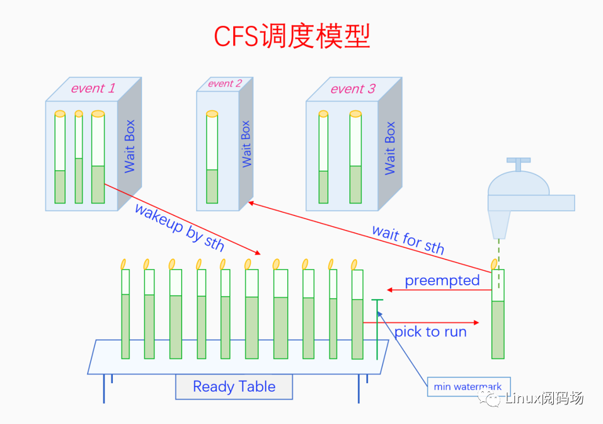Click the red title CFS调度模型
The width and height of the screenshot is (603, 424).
pyautogui.click(x=292, y=37)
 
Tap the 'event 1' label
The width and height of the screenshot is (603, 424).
pyautogui.click(x=93, y=88)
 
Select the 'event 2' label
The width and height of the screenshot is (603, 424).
pyautogui.click(x=225, y=84)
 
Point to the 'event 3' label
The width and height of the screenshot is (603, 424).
pyautogui.click(x=353, y=89)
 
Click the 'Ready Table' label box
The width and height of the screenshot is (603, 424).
pyautogui.click(x=234, y=387)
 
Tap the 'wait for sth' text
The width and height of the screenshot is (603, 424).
pyautogui.click(x=408, y=239)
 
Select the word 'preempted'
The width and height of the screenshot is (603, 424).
pyautogui.click(x=442, y=280)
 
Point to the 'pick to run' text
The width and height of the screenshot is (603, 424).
pyautogui.click(x=430, y=331)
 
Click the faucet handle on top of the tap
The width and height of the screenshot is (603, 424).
pyautogui.click(x=519, y=164)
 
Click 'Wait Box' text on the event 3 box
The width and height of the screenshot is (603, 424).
pyautogui.click(x=390, y=148)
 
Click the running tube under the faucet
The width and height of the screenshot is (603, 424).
pyautogui.click(x=498, y=315)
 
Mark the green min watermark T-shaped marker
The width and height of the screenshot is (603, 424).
pyautogui.click(x=377, y=328)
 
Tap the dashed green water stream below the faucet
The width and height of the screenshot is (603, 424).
pyautogui.click(x=498, y=252)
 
